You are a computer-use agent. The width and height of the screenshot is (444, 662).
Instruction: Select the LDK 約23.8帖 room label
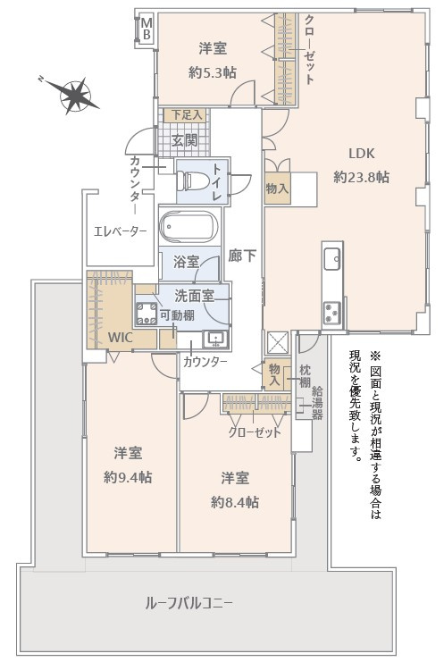click(x=361, y=163)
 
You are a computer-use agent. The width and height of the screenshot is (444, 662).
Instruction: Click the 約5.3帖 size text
click(x=211, y=73)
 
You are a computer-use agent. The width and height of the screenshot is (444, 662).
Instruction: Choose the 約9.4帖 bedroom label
click(x=127, y=464)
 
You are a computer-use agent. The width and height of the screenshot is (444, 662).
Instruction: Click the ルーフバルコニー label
click(x=188, y=603)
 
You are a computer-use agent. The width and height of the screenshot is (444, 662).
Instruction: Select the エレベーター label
click(x=120, y=231)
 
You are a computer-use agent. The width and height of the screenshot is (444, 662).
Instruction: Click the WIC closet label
click(x=121, y=338)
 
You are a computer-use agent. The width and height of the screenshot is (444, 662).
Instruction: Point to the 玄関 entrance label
click(x=185, y=139)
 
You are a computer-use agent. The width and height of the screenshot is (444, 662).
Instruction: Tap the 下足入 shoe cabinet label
click(x=186, y=115)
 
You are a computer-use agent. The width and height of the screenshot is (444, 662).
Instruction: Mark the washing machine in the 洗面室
click(x=145, y=314)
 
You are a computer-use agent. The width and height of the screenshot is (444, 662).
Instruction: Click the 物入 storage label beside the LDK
click(x=277, y=189)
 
